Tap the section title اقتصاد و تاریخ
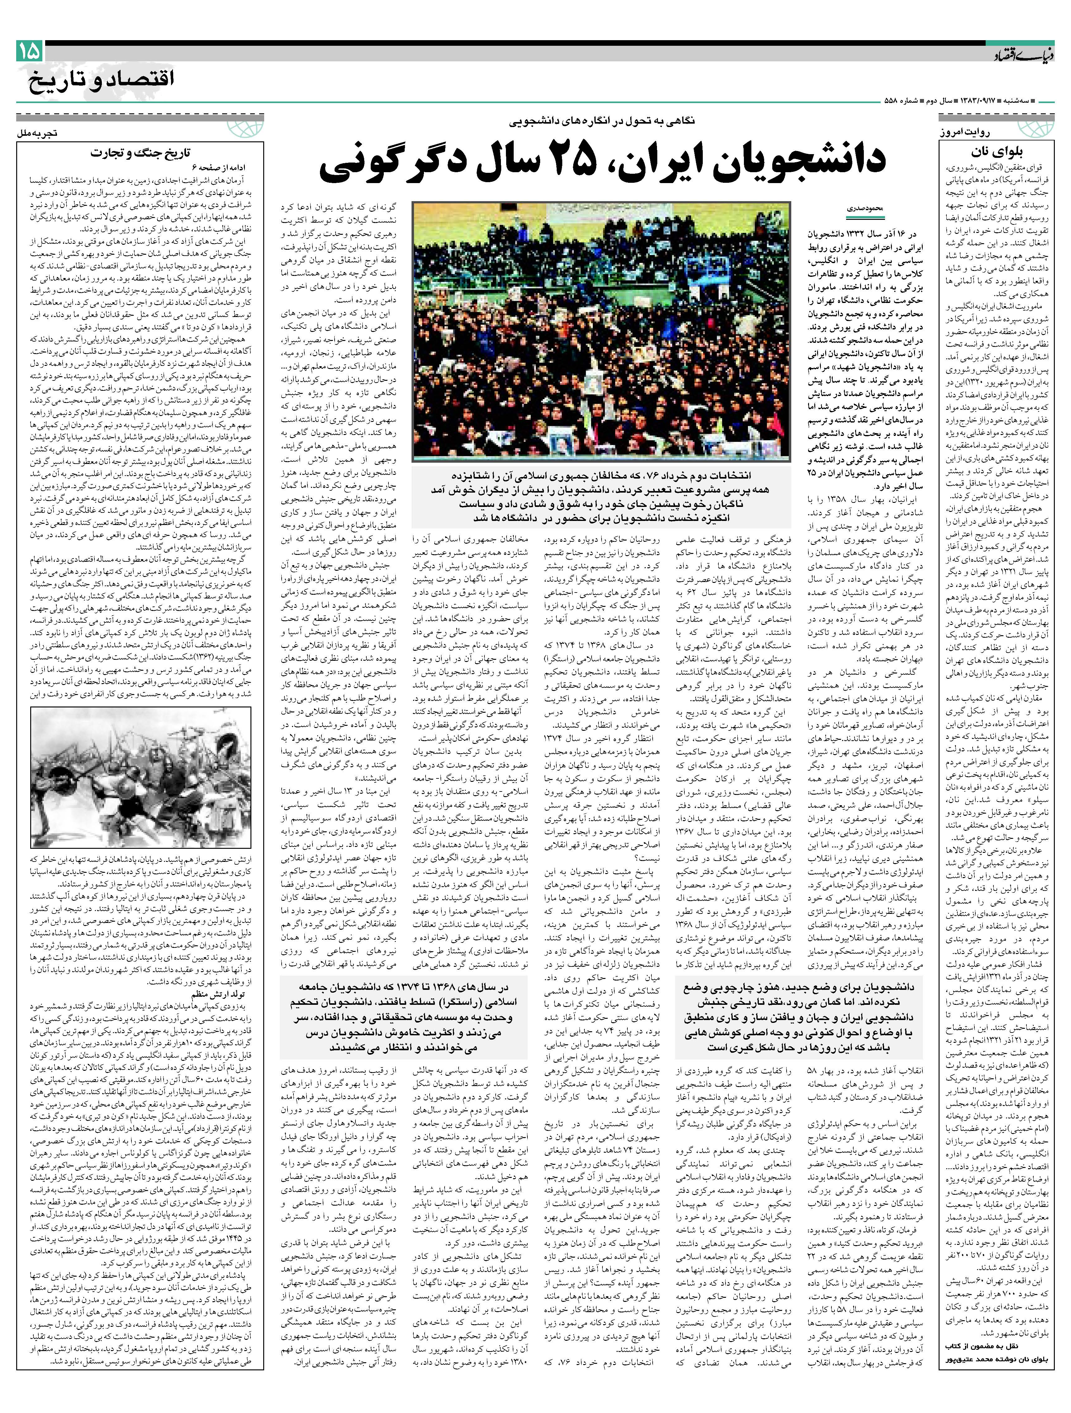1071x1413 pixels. (101, 81)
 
